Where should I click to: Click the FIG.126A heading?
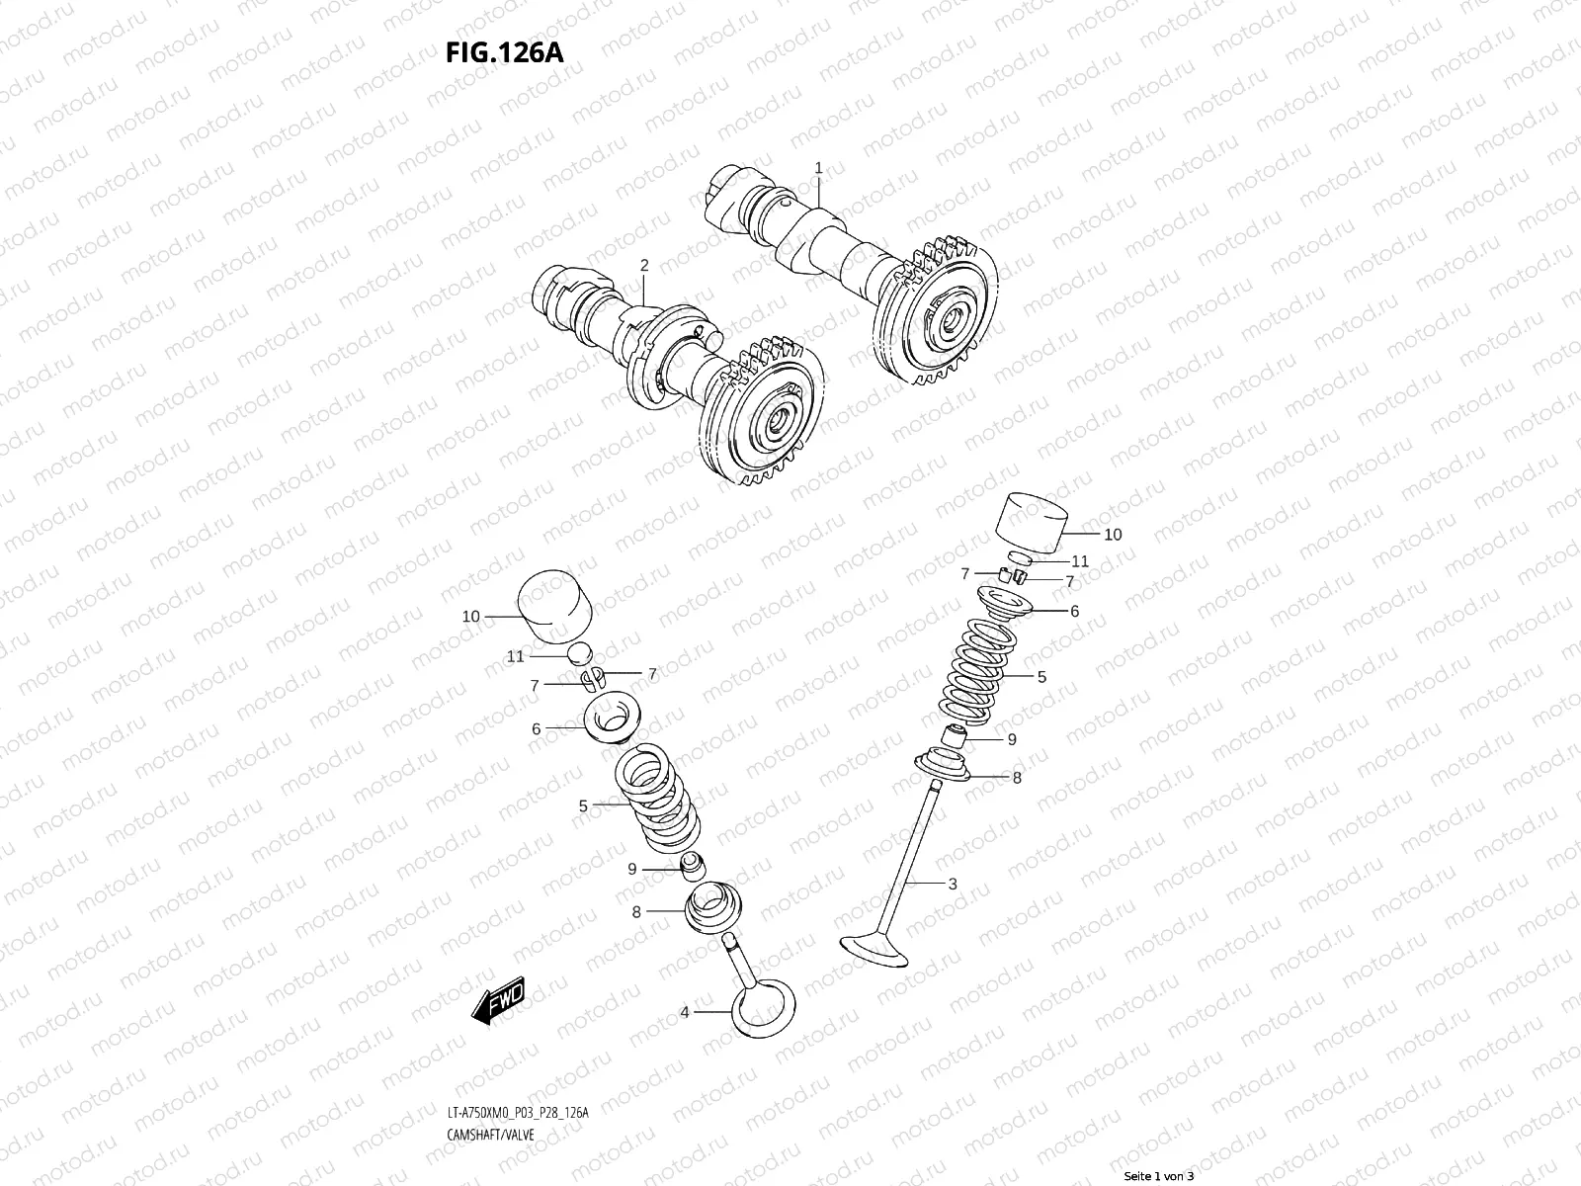click(503, 52)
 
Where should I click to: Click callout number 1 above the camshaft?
click(818, 168)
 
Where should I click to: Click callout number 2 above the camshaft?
click(644, 265)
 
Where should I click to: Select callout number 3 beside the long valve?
click(953, 884)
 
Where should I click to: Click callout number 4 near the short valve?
click(684, 1011)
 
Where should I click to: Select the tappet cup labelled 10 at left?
click(554, 604)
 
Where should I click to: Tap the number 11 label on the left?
click(515, 656)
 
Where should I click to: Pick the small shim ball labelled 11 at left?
click(580, 652)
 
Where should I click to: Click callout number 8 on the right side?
click(1017, 778)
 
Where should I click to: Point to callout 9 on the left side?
click(632, 870)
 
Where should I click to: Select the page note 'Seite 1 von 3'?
click(1158, 1176)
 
